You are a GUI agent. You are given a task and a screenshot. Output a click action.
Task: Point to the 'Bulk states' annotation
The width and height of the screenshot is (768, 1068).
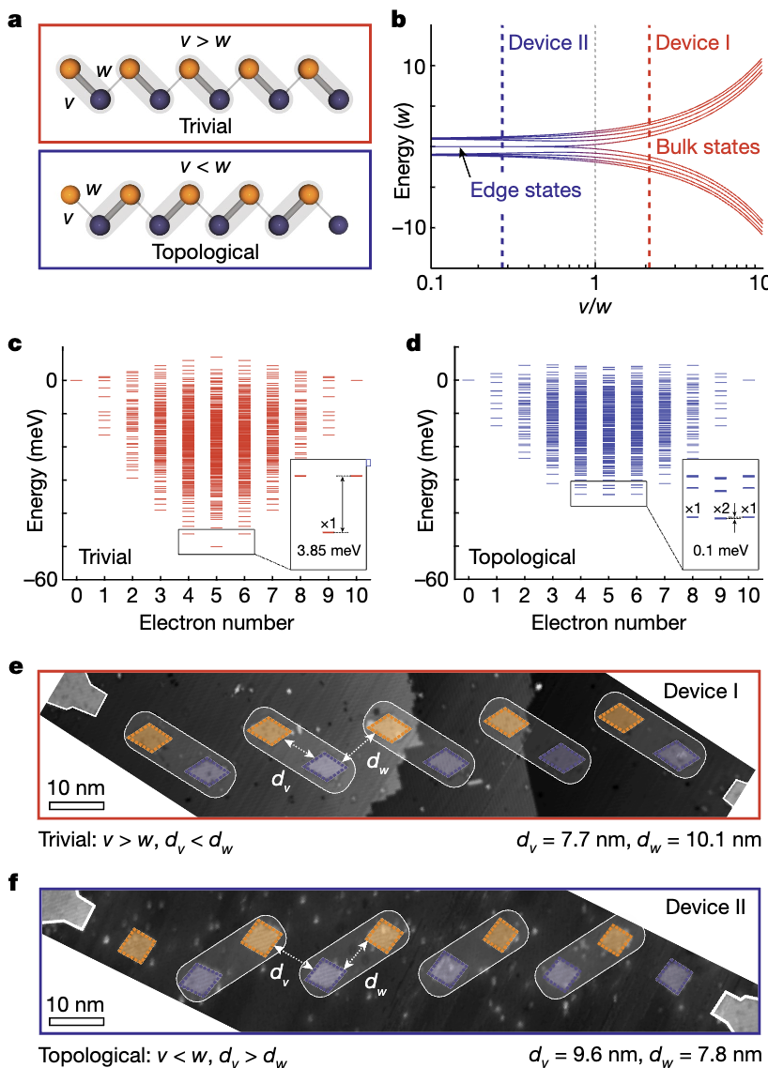point(708,147)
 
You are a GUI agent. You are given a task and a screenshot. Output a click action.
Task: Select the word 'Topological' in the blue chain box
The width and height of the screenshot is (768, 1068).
point(207,252)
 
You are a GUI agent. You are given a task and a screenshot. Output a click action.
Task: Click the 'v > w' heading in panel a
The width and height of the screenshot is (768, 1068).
point(207,41)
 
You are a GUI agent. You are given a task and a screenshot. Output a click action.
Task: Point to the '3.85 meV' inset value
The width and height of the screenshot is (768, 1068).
point(328,551)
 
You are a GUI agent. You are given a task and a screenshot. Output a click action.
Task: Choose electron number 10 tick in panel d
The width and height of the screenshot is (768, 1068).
point(748,596)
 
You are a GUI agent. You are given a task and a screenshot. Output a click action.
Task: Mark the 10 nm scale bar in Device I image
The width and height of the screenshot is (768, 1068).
point(76,804)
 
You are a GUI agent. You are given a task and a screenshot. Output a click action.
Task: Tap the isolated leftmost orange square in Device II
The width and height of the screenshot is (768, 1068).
point(141,945)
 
